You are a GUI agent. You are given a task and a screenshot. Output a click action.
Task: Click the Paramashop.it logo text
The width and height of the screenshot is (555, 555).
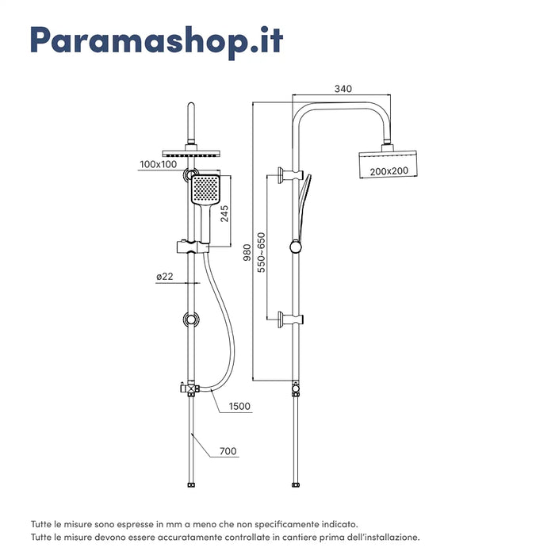tap(155, 40)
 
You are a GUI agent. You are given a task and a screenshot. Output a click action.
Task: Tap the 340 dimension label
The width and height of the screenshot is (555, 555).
tap(343, 89)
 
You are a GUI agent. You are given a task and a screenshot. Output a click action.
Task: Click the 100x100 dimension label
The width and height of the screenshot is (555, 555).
tap(159, 165)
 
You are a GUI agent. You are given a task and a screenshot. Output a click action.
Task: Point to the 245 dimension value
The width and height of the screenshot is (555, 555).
tap(224, 214)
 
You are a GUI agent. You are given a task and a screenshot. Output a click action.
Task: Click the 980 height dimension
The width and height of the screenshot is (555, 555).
tap(247, 252)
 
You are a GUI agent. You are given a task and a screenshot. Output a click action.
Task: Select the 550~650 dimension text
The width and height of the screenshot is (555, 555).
tap(262, 253)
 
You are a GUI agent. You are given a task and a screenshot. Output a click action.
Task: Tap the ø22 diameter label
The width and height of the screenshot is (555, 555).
tap(165, 277)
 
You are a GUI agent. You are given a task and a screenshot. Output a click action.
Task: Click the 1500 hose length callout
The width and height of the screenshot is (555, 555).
tap(239, 407)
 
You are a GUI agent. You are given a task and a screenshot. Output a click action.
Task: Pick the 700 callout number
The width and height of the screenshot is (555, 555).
tap(228, 452)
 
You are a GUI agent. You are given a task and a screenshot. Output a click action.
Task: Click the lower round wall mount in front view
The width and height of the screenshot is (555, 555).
tap(191, 320)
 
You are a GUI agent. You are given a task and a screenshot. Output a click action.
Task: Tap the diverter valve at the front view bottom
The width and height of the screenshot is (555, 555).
tap(189, 388)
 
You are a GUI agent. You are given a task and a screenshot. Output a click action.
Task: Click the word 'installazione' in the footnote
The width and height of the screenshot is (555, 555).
tap(385, 537)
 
